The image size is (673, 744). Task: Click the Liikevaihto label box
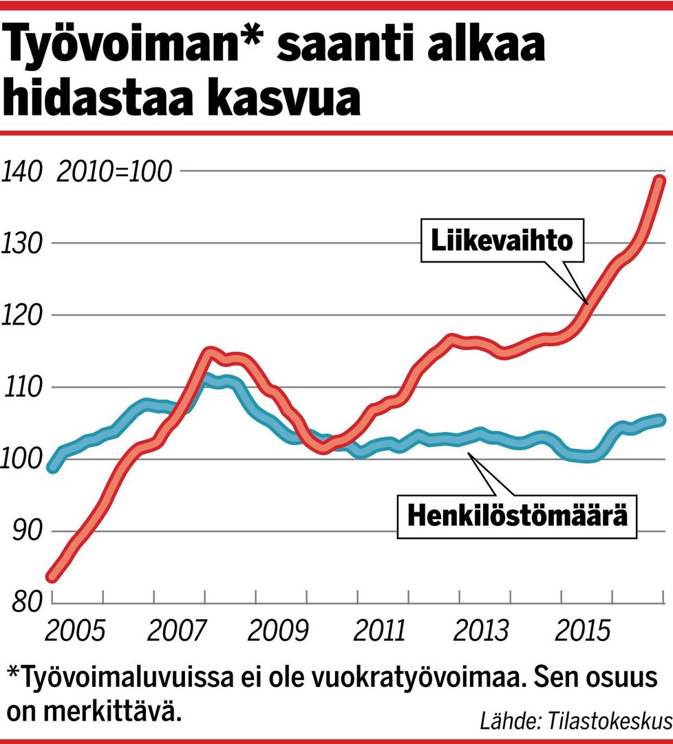[502, 242]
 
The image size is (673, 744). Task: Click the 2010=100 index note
[114, 171]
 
